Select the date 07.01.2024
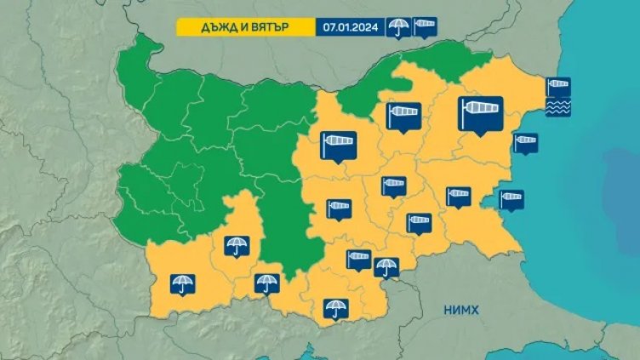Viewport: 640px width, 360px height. point(351,26)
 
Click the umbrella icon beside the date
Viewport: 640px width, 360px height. point(397,27)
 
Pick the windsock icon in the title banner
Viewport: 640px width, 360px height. point(425,27)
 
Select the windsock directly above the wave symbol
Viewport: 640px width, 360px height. point(557,88)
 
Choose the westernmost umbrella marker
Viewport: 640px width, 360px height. point(181,283)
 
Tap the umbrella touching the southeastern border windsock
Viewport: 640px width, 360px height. point(386,266)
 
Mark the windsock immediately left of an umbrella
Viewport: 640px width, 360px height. point(359,259)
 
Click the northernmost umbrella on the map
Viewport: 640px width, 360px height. point(236,246)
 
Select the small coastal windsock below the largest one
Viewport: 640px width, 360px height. point(526,141)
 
